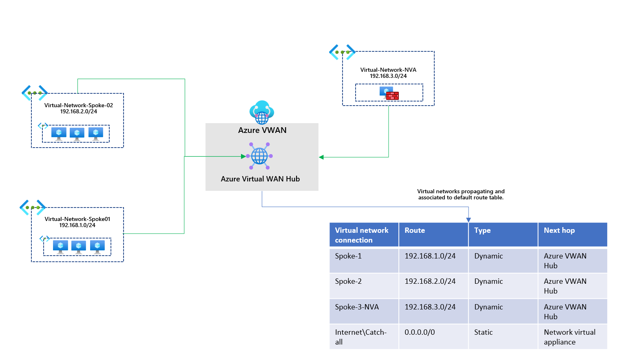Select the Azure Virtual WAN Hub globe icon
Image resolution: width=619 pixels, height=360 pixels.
pyautogui.click(x=259, y=156)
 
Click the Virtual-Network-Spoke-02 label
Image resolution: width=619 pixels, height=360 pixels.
pyautogui.click(x=78, y=105)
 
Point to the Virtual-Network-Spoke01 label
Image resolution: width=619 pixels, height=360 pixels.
pyautogui.click(x=77, y=219)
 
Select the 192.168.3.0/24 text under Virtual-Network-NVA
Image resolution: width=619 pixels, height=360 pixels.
pyautogui.click(x=388, y=76)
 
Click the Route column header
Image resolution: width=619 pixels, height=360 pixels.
pyautogui.click(x=415, y=230)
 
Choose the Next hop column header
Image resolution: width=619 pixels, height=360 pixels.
pyautogui.click(x=559, y=230)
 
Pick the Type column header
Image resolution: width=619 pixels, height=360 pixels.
pyautogui.click(x=482, y=230)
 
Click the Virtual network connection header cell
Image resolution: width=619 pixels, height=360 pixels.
pyautogui.click(x=362, y=235)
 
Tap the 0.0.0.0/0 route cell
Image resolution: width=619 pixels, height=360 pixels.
pyautogui.click(x=420, y=332)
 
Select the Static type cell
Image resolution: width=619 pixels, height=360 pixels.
pyautogui.click(x=483, y=332)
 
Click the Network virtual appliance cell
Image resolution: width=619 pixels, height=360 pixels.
pyautogui.click(x=569, y=337)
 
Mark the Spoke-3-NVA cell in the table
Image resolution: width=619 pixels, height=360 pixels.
pyautogui.click(x=357, y=307)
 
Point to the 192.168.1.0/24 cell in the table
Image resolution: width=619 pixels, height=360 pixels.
pyautogui.click(x=430, y=256)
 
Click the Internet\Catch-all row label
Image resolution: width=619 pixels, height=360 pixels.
pyautogui.click(x=360, y=337)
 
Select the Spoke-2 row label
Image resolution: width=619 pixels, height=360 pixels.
pyautogui.click(x=348, y=281)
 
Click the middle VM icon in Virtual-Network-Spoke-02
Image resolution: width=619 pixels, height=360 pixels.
pyautogui.click(x=77, y=133)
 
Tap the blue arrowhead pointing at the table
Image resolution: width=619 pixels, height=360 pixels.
pyautogui.click(x=469, y=220)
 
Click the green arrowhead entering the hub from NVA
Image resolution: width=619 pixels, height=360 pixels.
pyautogui.click(x=321, y=157)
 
